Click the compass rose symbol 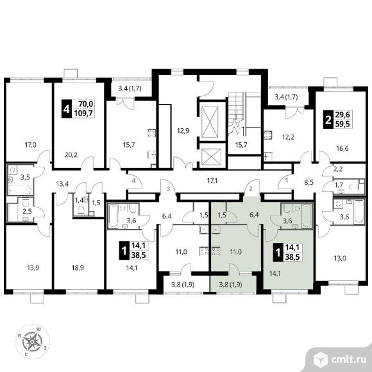pos(32,341)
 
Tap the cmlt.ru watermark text pos(349,360)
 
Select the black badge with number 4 pos(67,109)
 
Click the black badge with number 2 pos(328,119)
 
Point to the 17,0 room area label pos(31,144)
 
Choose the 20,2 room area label pos(71,155)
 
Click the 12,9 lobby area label pos(183,130)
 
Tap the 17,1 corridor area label pos(212,181)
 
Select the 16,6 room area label pos(342,149)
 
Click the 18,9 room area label pos(78,268)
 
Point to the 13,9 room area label pos(33,268)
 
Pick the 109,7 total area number pos(84,114)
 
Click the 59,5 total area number pos(342,124)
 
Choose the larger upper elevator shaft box pos(210,122)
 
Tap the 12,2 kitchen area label pos(288,137)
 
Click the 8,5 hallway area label pos(309,182)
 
